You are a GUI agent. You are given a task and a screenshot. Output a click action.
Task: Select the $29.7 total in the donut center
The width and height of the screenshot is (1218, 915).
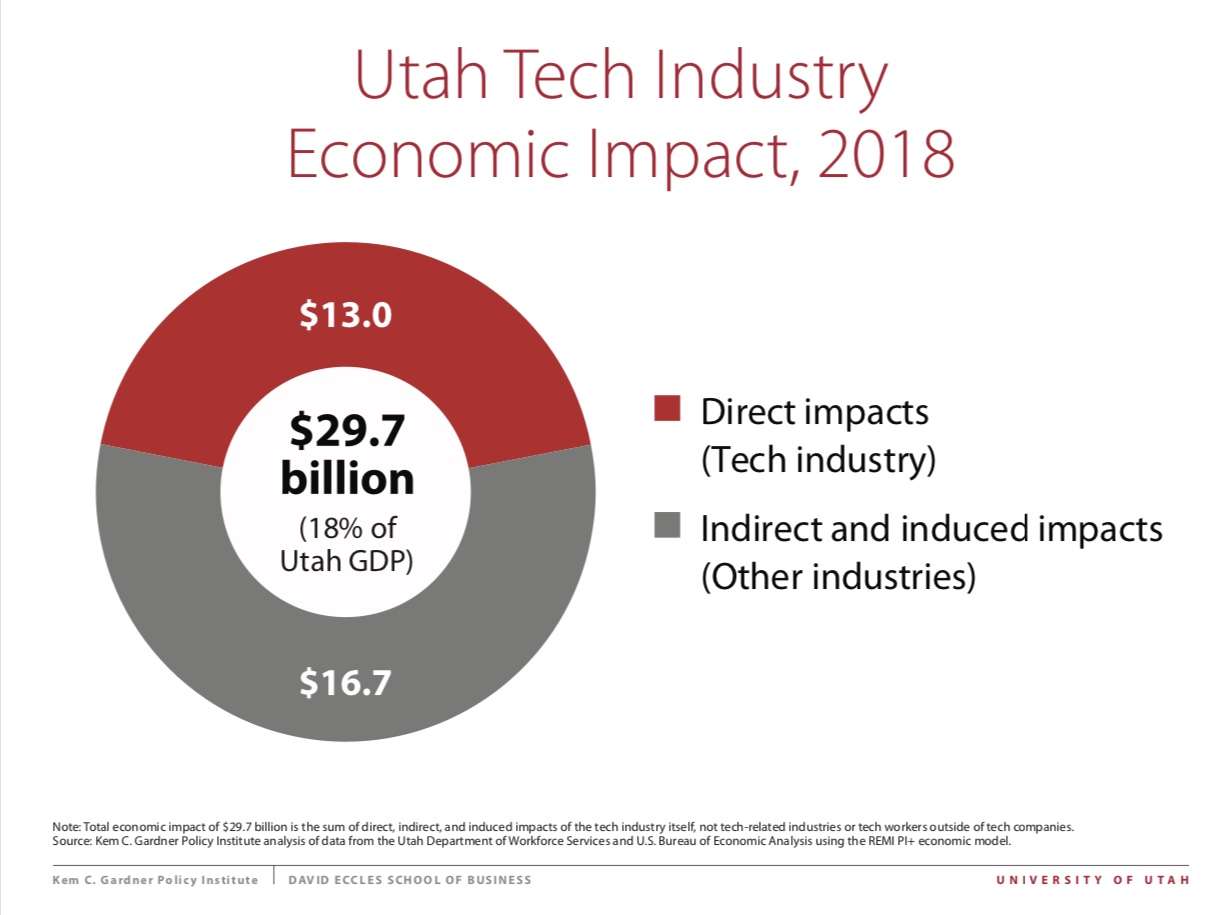pos(346,432)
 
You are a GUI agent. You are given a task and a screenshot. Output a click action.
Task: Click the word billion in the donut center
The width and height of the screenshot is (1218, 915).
pos(346,479)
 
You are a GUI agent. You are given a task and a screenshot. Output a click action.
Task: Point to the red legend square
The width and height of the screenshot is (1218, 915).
pos(667,408)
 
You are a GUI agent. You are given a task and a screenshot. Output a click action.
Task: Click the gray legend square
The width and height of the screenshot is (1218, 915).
pos(667,524)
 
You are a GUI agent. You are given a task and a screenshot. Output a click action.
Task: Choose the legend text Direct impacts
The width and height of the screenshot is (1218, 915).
pos(814,411)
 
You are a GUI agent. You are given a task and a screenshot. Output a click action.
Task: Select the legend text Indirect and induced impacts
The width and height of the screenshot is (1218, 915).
pos(931,528)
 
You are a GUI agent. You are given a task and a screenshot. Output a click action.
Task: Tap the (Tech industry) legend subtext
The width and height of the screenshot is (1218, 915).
pos(818,461)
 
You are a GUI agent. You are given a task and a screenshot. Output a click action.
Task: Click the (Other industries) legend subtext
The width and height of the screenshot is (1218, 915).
pos(838,578)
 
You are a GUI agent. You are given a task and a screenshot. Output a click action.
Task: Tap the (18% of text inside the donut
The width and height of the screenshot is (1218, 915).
pos(346,529)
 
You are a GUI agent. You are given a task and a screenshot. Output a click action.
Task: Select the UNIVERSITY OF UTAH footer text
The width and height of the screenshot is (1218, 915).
pos(1092,880)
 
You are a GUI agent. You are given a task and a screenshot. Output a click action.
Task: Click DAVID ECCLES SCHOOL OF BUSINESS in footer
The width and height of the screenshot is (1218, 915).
pos(410,880)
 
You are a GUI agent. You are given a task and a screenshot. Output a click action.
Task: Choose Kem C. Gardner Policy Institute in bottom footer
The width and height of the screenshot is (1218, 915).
pos(155,880)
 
